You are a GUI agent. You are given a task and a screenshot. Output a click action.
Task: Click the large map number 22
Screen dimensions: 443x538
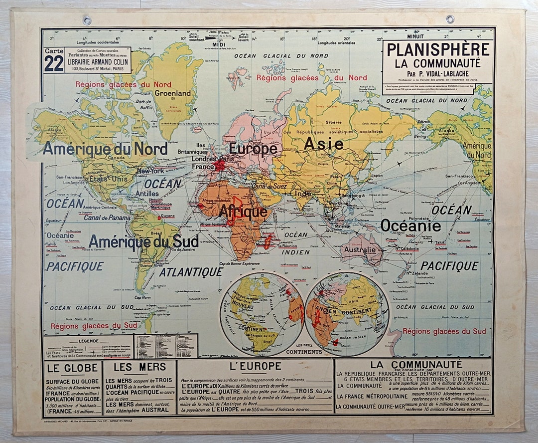(53, 63)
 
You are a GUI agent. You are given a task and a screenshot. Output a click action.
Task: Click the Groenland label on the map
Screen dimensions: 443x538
(173, 93)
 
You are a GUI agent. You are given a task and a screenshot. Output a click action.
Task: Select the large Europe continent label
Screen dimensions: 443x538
(253, 149)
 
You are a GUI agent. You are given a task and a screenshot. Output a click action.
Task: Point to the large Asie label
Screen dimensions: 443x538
(323, 144)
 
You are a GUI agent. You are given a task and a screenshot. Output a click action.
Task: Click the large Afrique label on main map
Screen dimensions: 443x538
(243, 212)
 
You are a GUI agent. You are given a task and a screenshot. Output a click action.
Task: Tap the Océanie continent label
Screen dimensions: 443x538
(410, 226)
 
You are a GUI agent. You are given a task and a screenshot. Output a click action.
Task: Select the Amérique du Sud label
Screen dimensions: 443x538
(143, 241)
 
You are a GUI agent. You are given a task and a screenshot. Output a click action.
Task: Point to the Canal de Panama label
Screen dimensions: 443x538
(107, 218)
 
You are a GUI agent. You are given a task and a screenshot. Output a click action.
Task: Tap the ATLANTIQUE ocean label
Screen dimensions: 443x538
(191, 272)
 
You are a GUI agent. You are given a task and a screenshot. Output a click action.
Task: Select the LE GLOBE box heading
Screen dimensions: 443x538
(70, 370)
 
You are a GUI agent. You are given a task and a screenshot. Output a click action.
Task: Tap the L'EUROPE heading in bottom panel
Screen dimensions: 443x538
(255, 367)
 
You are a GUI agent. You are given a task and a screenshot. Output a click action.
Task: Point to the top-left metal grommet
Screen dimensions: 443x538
(87, 20)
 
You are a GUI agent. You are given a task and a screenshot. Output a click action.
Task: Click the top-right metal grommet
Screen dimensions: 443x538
(450, 19)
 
